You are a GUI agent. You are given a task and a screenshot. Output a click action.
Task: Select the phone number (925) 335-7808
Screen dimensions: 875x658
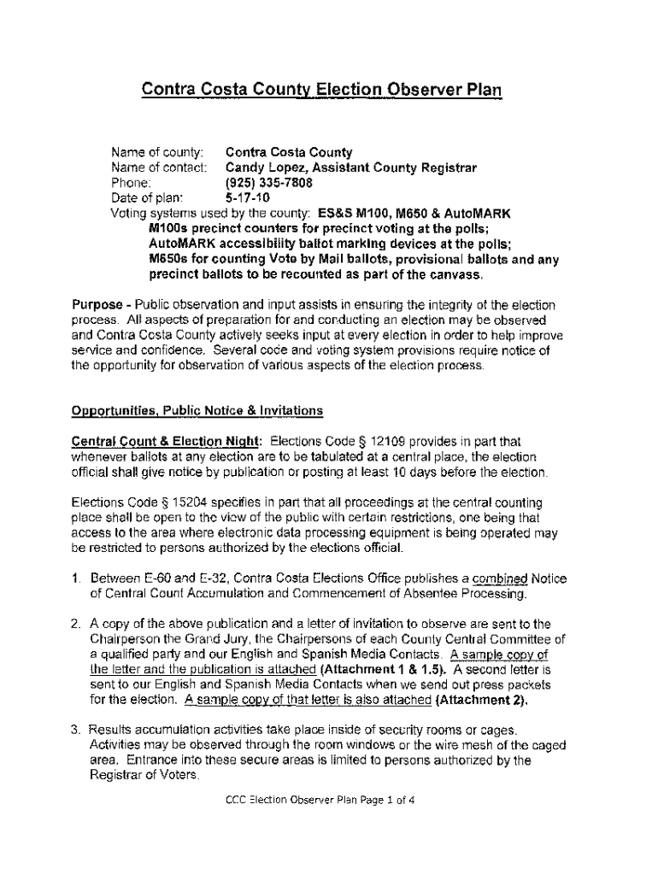pyautogui.click(x=268, y=183)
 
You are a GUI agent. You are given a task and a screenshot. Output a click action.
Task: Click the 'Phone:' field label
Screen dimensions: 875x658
pyautogui.click(x=132, y=183)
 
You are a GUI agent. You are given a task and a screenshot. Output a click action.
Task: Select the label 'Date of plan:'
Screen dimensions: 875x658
pyautogui.click(x=148, y=197)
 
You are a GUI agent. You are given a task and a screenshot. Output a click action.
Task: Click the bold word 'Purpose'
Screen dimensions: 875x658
pyautogui.click(x=97, y=305)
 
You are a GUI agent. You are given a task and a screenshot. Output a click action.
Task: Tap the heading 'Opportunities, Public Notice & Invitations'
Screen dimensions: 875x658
pyautogui.click(x=197, y=411)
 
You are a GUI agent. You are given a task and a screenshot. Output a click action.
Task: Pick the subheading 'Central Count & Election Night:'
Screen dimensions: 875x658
pyautogui.click(x=167, y=442)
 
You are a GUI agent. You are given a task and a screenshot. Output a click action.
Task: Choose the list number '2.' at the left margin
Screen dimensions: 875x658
pyautogui.click(x=76, y=624)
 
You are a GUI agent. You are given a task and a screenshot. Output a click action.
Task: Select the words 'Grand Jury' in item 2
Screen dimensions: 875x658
pyautogui.click(x=216, y=639)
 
